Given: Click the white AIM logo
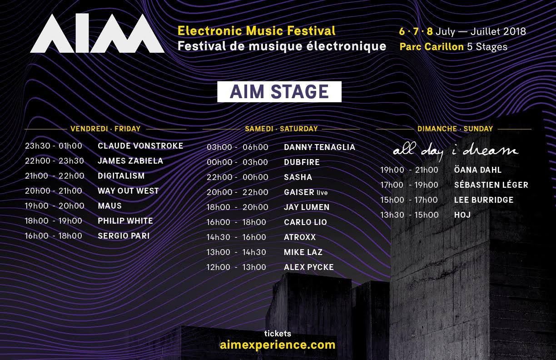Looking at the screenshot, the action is [97, 33].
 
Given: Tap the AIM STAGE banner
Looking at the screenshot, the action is [279, 92].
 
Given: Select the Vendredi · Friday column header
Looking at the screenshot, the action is [105, 129].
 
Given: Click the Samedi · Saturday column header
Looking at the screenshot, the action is [281, 129].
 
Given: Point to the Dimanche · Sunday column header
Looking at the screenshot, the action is [455, 129].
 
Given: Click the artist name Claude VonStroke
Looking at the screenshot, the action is [140, 146].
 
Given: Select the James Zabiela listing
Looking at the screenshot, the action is [130, 161].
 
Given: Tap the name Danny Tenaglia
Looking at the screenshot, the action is [319, 147].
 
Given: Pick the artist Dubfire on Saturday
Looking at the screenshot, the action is [302, 162].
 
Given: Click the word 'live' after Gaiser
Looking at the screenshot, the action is [322, 193].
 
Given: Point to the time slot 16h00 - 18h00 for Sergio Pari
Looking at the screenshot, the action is [53, 236].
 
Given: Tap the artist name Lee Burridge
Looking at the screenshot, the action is [484, 200].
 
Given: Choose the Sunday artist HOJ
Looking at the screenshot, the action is [462, 215].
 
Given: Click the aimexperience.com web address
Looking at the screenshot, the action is [278, 345].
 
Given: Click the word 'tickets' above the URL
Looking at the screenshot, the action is [278, 334].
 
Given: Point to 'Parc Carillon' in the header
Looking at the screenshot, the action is [432, 47].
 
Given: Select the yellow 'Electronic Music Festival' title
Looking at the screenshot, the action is [256, 31].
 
